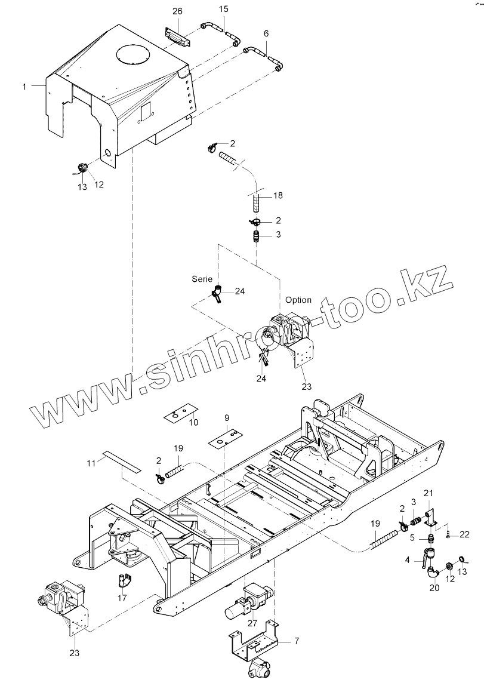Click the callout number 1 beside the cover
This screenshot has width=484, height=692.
click(x=24, y=87)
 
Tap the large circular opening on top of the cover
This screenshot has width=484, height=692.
click(x=136, y=55)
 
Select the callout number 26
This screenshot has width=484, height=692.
click(x=177, y=11)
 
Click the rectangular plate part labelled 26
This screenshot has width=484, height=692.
click(x=177, y=38)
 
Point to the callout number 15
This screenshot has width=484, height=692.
click(x=223, y=9)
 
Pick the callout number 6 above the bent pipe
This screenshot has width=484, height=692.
click(x=266, y=33)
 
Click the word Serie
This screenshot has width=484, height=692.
click(x=202, y=279)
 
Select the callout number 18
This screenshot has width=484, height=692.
click(x=278, y=196)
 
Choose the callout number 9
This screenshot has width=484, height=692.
click(x=227, y=417)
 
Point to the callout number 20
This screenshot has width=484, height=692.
click(x=434, y=588)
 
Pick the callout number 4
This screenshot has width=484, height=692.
click(x=408, y=560)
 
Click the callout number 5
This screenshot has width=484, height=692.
click(x=412, y=537)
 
